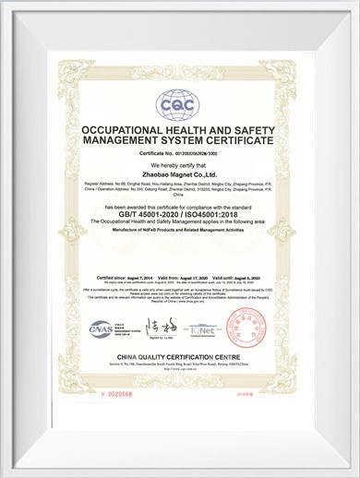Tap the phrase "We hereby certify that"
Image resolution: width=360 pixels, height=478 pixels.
tap(179, 166)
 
